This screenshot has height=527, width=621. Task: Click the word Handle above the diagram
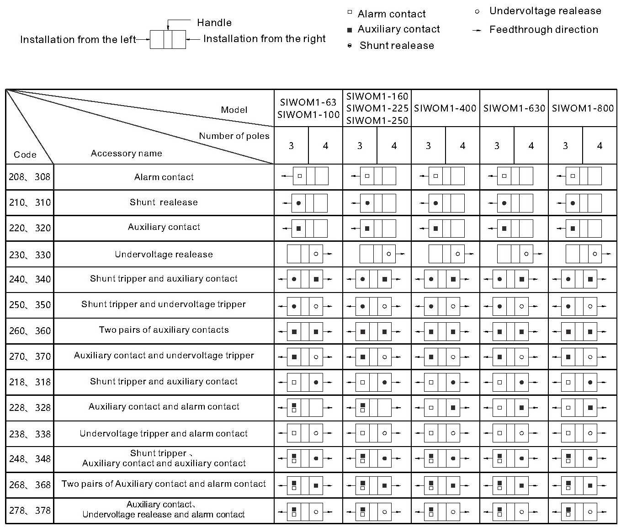pos(214,22)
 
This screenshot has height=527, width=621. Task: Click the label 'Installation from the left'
pos(78,39)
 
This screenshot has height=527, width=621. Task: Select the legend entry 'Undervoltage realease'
pos(545,11)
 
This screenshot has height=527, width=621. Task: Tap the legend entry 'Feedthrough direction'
pos(543,30)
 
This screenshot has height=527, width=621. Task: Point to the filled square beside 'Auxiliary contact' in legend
pos(350,30)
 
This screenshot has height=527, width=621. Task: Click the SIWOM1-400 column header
pos(445,108)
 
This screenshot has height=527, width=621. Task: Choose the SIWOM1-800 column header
pos(583,108)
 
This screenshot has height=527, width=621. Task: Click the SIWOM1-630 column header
pos(514,108)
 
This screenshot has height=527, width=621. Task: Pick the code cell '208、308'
pos(30,177)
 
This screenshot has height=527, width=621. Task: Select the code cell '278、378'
pos(30,511)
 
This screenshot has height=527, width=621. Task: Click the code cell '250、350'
pos(30,305)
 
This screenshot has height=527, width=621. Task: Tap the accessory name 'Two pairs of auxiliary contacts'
pos(164,330)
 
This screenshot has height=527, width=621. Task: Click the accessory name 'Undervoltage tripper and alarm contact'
pos(164,433)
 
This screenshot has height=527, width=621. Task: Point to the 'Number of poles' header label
pos(234,136)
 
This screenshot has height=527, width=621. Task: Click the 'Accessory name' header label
pos(126,153)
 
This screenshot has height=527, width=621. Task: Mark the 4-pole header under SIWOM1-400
pos(462,146)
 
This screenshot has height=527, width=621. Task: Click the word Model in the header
pos(234,110)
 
